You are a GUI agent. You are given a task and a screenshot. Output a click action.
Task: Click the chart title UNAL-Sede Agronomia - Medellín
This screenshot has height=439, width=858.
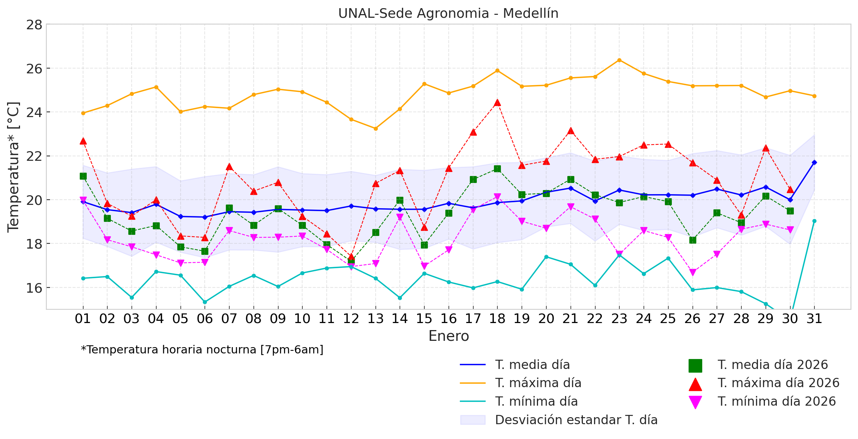(x=448, y=14)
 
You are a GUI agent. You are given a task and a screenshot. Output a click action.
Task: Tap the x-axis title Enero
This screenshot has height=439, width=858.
(x=448, y=336)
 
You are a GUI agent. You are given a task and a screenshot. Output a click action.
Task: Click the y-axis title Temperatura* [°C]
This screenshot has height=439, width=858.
(x=13, y=167)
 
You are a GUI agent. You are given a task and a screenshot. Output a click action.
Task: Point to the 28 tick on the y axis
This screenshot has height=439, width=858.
(x=34, y=25)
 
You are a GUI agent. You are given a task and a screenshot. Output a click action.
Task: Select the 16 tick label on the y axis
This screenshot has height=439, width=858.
(x=34, y=288)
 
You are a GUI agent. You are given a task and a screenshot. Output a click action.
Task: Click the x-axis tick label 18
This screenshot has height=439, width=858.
(x=497, y=319)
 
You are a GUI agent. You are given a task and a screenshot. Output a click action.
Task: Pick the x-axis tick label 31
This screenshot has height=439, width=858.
(x=814, y=319)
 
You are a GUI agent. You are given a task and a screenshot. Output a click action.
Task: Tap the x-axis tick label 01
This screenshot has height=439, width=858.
(x=83, y=319)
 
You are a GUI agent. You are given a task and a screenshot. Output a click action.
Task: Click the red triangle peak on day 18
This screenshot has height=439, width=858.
(x=497, y=103)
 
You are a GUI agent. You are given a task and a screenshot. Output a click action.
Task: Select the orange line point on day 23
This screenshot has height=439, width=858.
(x=619, y=60)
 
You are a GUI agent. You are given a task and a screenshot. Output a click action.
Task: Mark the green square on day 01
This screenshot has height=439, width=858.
(x=83, y=176)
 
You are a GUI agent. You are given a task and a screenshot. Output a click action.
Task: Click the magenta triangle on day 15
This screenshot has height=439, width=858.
(x=424, y=266)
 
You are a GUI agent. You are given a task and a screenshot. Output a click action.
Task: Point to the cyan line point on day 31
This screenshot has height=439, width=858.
(x=814, y=221)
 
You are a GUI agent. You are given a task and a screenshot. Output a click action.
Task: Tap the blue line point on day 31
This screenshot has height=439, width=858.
(x=814, y=162)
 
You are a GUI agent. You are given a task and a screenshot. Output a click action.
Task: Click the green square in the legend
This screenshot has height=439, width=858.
(x=695, y=365)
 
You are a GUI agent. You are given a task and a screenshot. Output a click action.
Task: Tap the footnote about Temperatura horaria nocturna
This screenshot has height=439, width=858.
(x=202, y=350)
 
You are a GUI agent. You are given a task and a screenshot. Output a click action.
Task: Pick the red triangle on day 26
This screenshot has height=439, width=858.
(x=692, y=163)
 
